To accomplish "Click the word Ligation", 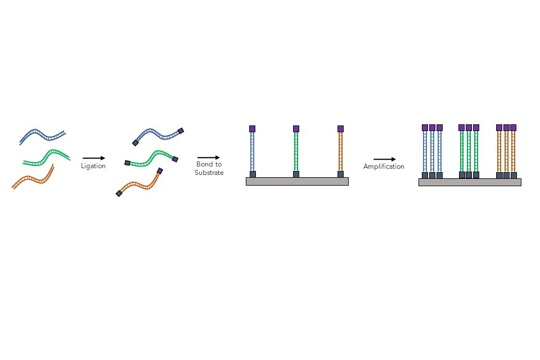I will [x=93, y=166].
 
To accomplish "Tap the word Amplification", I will [x=384, y=166].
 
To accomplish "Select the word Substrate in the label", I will [x=209, y=173].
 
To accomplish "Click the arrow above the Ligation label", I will [x=94, y=159].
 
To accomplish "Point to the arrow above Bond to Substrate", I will [x=209, y=158].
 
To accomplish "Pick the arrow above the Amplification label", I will [x=384, y=159].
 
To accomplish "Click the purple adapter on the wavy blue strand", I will [x=181, y=131].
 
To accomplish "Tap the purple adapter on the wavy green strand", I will [x=175, y=159].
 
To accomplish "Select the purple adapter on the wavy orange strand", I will [x=160, y=170].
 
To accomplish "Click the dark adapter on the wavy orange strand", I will [x=119, y=193].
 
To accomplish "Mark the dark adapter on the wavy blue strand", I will [x=136, y=143].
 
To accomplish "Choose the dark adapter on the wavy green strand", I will [x=127, y=163].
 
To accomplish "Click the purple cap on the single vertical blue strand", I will [x=253, y=129].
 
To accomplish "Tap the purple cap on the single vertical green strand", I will [x=296, y=129].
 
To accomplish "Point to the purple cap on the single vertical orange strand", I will [x=340, y=129].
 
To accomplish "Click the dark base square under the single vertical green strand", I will [x=296, y=174].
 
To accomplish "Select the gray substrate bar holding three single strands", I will [x=297, y=181].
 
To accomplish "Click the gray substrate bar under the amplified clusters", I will [x=470, y=182].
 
